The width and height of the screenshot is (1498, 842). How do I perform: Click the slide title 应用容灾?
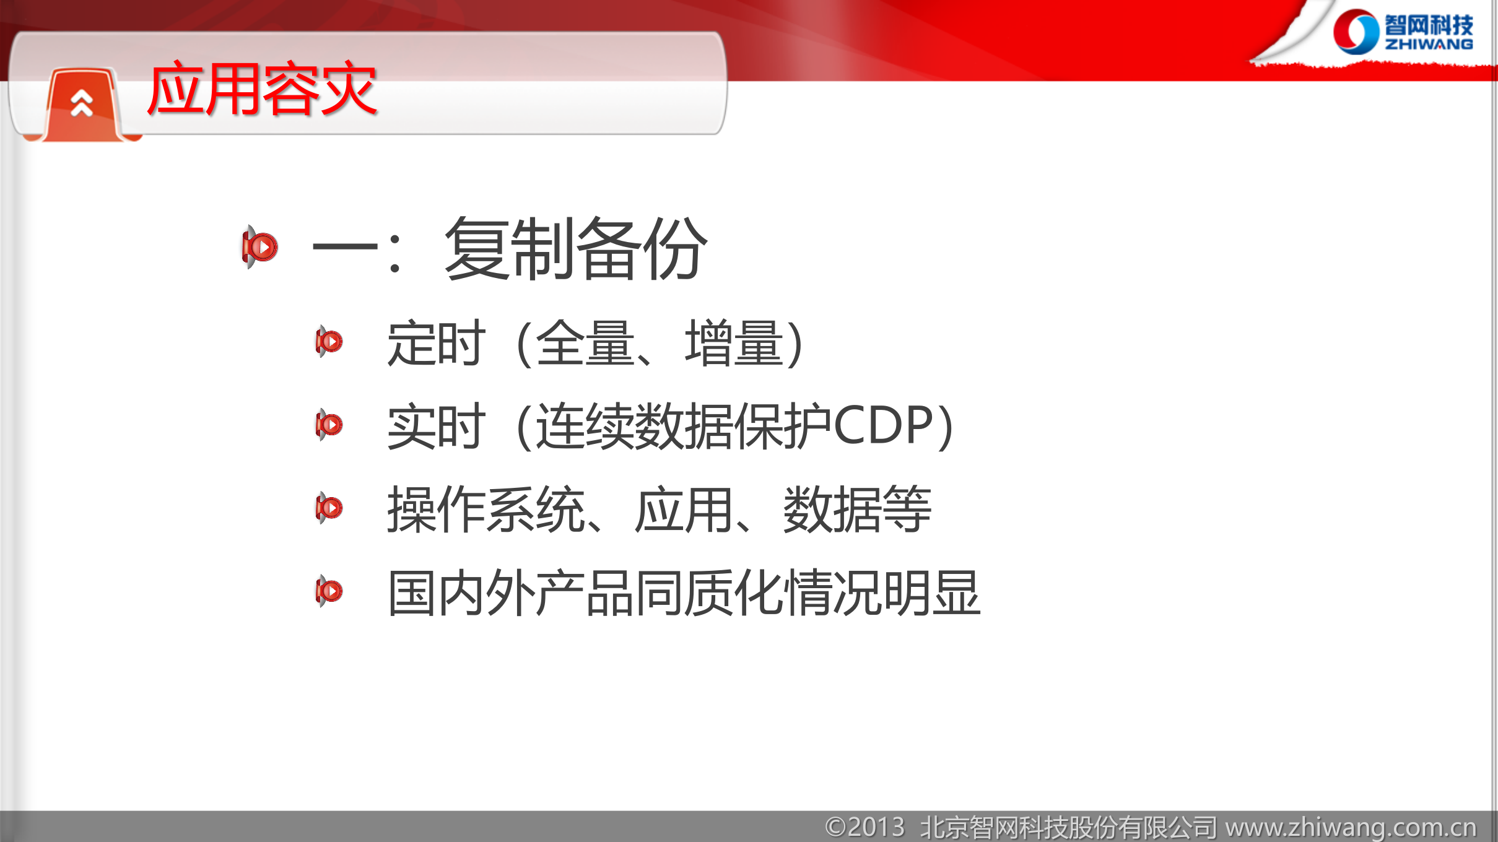tap(261, 90)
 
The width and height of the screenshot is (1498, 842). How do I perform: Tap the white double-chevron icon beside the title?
tap(82, 103)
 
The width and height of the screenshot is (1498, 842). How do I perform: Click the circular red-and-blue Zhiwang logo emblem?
tap(1355, 32)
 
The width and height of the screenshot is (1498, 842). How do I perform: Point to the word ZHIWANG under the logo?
tap(1429, 45)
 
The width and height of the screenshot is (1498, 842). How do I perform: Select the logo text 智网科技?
tap(1429, 25)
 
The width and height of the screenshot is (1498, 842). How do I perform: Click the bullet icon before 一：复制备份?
tap(259, 247)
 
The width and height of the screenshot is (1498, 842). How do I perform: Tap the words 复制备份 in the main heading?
tap(575, 249)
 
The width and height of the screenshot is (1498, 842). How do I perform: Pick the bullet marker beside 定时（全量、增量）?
tap(329, 341)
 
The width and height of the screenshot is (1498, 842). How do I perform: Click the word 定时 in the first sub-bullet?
tap(435, 344)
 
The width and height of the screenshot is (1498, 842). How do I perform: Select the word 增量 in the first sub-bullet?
tap(734, 344)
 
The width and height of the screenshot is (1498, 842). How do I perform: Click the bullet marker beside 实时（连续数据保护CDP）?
tap(329, 425)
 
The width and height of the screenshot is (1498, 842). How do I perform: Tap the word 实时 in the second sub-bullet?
tap(435, 427)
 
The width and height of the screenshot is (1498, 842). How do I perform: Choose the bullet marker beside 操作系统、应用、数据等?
tap(329, 508)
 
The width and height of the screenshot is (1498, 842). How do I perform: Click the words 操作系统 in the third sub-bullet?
tap(486, 510)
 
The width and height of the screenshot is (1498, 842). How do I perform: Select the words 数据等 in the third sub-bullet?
tap(857, 510)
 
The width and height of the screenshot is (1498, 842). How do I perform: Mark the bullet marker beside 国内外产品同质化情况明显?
tap(329, 591)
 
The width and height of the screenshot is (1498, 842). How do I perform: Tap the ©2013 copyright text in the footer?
tap(864, 827)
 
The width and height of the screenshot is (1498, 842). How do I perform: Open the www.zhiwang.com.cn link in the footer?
tap(1351, 827)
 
